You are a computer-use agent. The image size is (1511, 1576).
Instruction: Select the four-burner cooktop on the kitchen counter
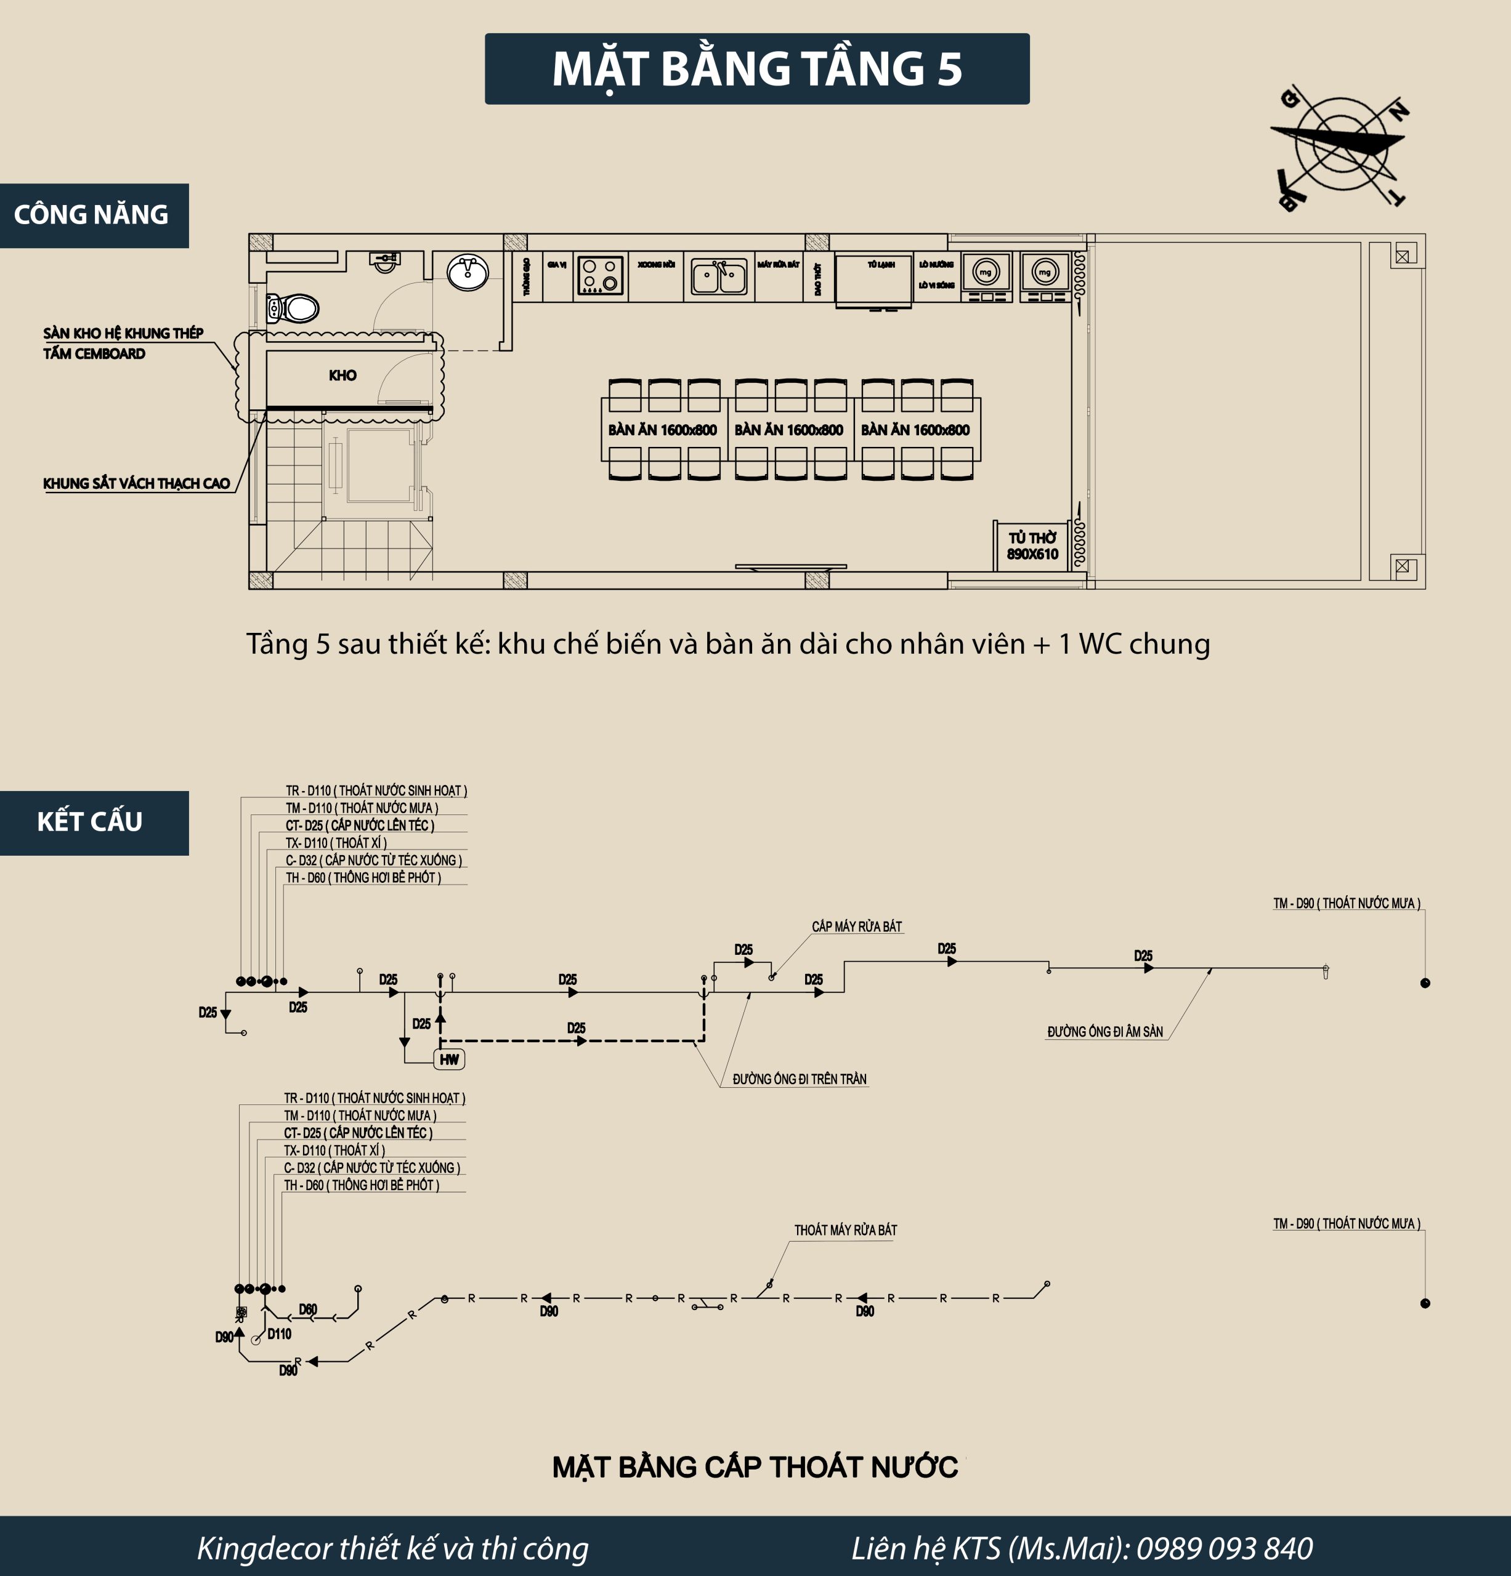600,275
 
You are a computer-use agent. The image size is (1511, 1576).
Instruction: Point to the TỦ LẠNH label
881,265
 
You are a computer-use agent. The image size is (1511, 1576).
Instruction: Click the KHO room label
342,376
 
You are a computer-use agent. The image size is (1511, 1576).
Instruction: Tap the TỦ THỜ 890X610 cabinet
1032,546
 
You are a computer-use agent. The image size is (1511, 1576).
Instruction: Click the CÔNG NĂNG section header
92,215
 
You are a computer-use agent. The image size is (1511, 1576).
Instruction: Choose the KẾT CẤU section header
90,822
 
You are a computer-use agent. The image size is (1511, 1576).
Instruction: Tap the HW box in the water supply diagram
450,1059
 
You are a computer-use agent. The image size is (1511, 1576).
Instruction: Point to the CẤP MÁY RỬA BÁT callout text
856,927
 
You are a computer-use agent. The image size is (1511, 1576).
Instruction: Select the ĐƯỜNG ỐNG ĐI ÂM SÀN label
1104,1032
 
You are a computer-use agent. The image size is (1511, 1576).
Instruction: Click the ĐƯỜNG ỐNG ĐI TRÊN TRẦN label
799,1079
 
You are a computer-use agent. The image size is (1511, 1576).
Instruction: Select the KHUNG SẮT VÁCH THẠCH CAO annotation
137,483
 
